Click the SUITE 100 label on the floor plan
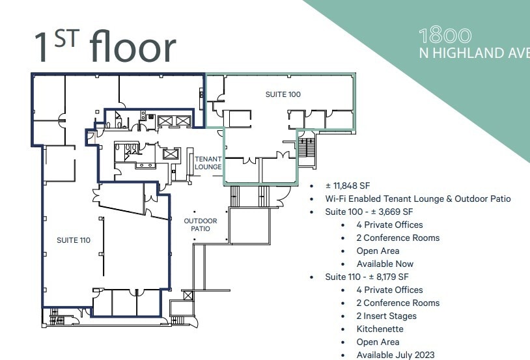point(283,94)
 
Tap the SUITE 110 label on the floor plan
point(73,240)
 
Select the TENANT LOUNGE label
point(208,163)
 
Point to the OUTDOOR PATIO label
point(200,225)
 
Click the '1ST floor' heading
point(104,45)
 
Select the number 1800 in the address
point(445,36)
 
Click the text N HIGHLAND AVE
point(474,53)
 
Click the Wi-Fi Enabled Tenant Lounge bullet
point(418,199)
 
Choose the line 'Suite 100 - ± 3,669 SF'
point(369,212)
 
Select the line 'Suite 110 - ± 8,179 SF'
point(367,277)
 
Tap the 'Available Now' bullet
point(385,264)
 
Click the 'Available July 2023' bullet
point(395,355)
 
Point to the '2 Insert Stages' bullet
point(386,316)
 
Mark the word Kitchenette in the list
point(380,329)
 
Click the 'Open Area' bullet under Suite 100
point(378,251)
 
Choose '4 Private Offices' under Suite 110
point(389,290)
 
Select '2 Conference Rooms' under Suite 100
point(398,238)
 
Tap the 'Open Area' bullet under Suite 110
point(378,342)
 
